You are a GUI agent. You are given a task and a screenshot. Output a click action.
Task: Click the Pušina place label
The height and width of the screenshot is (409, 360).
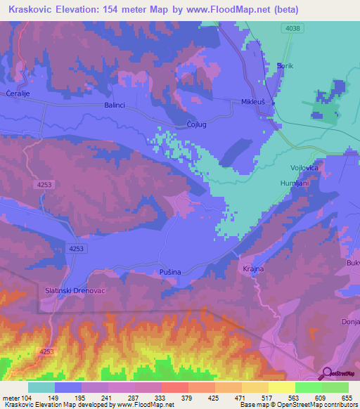point(172,271)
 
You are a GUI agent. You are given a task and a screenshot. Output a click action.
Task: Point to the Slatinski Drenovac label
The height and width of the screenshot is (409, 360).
point(76,292)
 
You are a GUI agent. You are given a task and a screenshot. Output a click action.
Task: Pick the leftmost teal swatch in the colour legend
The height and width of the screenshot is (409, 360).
point(41,387)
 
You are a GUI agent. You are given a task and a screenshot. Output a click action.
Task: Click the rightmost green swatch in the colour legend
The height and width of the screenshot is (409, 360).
point(335,387)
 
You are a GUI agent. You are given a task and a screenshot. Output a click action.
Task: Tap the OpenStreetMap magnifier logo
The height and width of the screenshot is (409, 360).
point(328,373)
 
